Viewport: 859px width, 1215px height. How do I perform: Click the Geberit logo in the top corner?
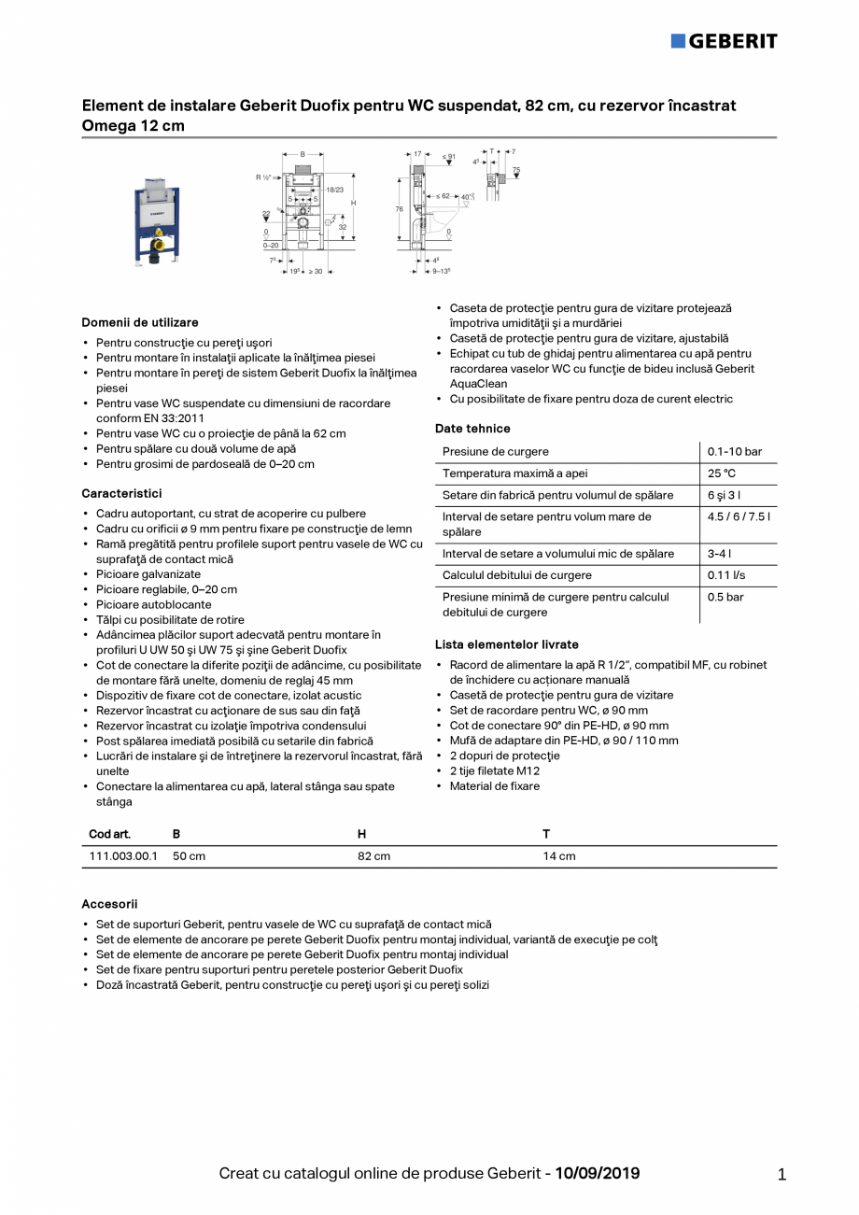pyautogui.click(x=724, y=41)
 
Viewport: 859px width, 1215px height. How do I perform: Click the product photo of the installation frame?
pyautogui.click(x=154, y=216)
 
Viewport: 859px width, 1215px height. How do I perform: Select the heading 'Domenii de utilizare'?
pyautogui.click(x=140, y=322)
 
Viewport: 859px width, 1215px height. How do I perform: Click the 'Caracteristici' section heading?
pyautogui.click(x=121, y=493)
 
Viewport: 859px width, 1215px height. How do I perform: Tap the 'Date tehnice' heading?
pyautogui.click(x=472, y=429)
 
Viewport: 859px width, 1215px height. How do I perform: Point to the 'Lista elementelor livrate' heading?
pyautogui.click(x=507, y=644)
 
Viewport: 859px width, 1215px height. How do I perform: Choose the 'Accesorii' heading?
pyautogui.click(x=109, y=904)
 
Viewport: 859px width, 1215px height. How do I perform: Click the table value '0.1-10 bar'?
pyautogui.click(x=734, y=452)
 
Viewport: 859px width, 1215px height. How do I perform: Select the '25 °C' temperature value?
pyautogui.click(x=721, y=473)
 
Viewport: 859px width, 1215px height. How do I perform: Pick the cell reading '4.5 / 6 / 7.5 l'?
pyautogui.click(x=739, y=516)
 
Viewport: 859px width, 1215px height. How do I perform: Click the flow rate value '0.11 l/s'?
pyautogui.click(x=726, y=575)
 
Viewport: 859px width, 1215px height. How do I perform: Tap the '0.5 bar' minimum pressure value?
pyautogui.click(x=724, y=597)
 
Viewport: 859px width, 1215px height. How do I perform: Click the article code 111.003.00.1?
pyautogui.click(x=123, y=856)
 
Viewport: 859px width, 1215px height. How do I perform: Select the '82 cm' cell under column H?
pyautogui.click(x=373, y=856)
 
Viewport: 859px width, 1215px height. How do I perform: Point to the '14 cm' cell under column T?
pyautogui.click(x=558, y=856)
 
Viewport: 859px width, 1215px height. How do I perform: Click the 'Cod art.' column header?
pyautogui.click(x=109, y=834)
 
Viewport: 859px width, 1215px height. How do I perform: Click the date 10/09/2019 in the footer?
pyautogui.click(x=598, y=1173)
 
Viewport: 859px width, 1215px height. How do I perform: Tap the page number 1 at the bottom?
pyautogui.click(x=782, y=1175)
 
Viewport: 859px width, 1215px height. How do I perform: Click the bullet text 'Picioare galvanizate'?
pyautogui.click(x=148, y=574)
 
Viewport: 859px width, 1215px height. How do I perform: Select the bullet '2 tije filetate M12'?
pyautogui.click(x=494, y=770)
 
